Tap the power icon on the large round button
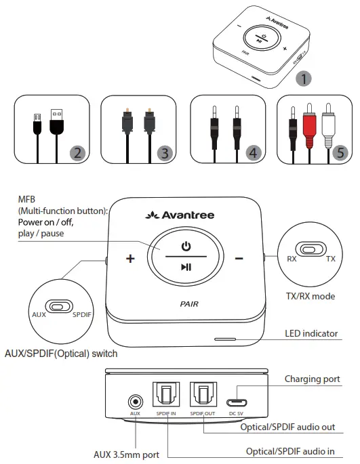coord(185,245)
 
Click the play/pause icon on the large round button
coord(185,267)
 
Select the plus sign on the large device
coord(130,259)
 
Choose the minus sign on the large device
coord(239,259)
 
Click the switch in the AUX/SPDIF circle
coord(59,306)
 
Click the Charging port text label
coord(313,379)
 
